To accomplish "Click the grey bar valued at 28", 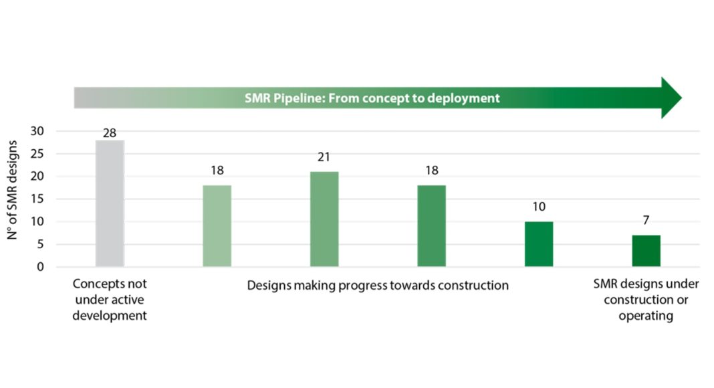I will (x=110, y=203).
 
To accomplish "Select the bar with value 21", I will (x=324, y=219).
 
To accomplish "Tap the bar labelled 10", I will (x=539, y=244).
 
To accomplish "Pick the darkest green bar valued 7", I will (x=646, y=251).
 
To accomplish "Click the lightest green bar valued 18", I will (x=217, y=226).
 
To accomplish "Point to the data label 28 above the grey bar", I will (x=110, y=133).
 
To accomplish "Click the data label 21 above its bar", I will (x=324, y=158).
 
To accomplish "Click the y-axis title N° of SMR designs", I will (x=14, y=199).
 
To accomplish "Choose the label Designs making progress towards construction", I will (x=378, y=285).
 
